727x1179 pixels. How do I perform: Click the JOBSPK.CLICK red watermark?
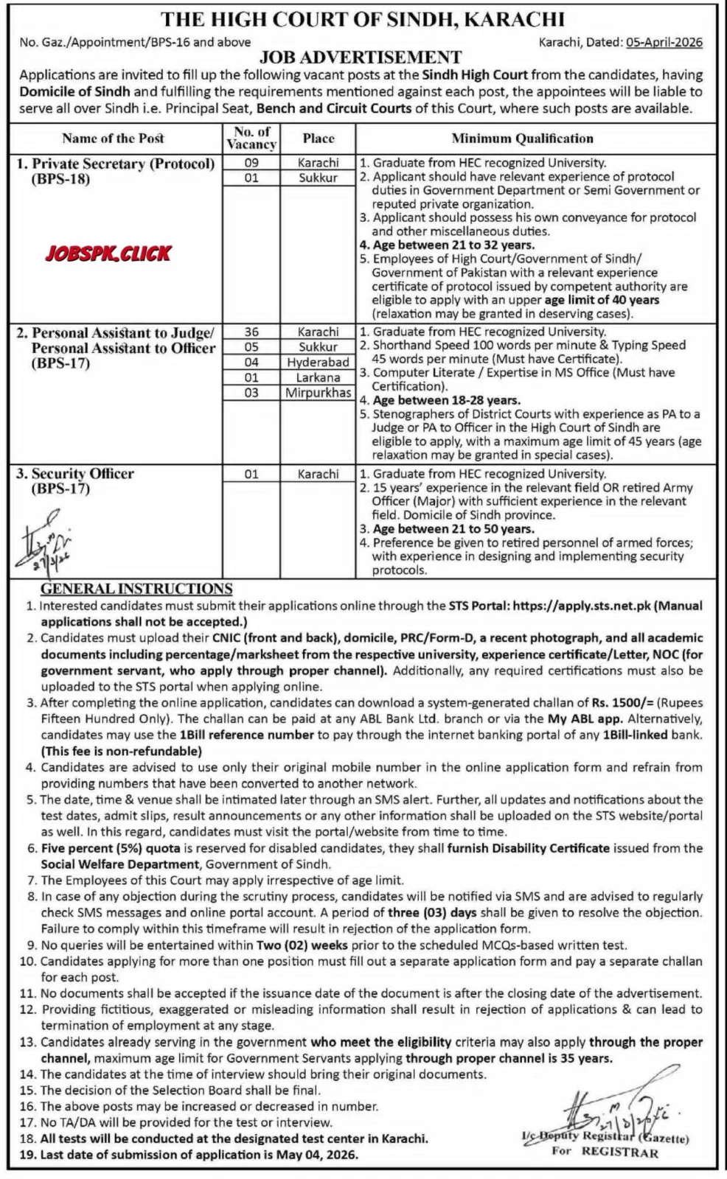108,253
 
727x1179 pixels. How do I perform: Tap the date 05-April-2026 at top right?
664,42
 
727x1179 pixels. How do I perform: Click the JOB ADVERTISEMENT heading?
361,57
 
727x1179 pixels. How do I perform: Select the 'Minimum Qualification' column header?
522,139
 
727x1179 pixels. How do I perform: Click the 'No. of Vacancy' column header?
251,138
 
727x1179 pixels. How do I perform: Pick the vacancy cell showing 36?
251,332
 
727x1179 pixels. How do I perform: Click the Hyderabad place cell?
318,363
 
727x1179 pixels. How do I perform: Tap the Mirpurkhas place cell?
318,393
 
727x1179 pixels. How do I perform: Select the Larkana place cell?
318,377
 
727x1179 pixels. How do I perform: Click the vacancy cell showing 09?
251,163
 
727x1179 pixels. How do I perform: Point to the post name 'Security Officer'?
83,474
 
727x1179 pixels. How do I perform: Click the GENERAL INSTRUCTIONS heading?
136,589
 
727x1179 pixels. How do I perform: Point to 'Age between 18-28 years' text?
446,400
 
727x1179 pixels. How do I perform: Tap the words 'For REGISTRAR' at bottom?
605,1152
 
